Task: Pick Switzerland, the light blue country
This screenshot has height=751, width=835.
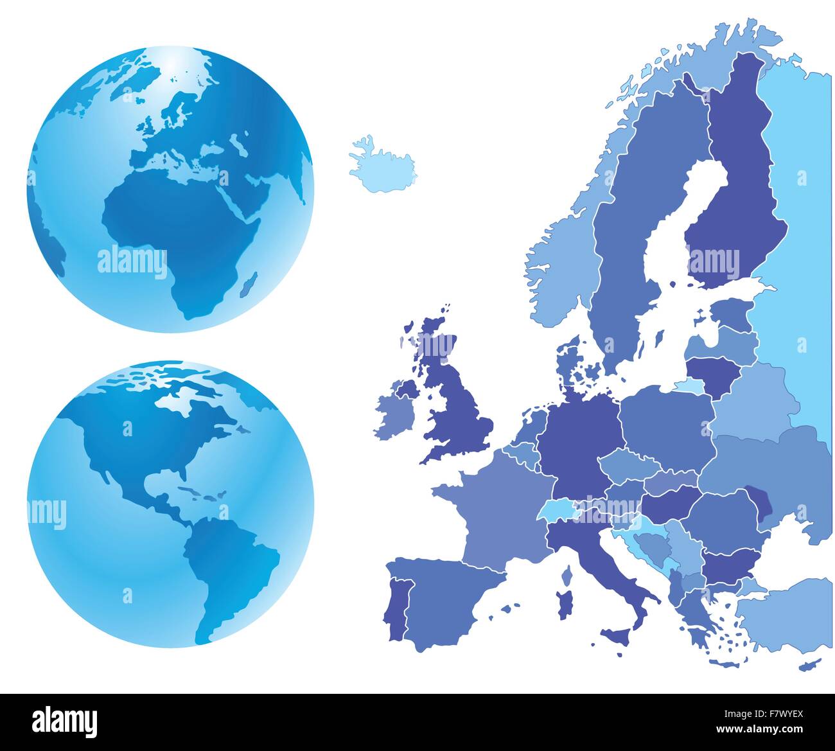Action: (556, 510)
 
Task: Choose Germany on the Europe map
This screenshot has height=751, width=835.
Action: (578, 443)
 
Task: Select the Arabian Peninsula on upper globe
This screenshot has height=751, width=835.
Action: (247, 196)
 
